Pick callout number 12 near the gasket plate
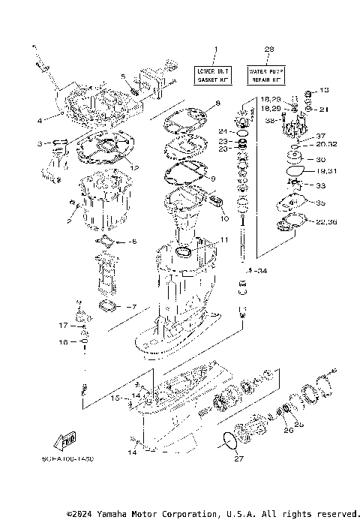[135, 167]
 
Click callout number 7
[134, 306]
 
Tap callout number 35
[321, 203]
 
